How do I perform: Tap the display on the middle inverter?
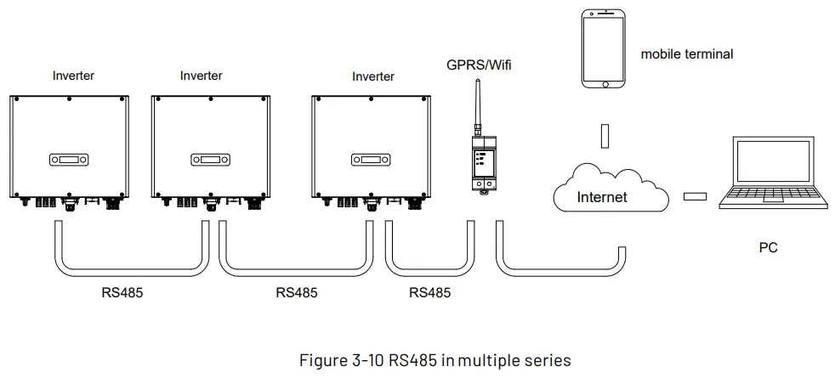point(208,159)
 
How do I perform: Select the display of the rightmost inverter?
point(369,159)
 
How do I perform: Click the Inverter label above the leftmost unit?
point(73,76)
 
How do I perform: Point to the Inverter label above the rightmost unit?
point(373,76)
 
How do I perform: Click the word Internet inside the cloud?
point(601,197)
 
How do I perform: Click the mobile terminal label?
point(687,54)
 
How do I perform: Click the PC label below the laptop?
point(768,248)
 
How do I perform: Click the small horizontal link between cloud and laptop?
point(695,197)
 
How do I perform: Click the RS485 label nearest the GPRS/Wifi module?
point(429,292)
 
